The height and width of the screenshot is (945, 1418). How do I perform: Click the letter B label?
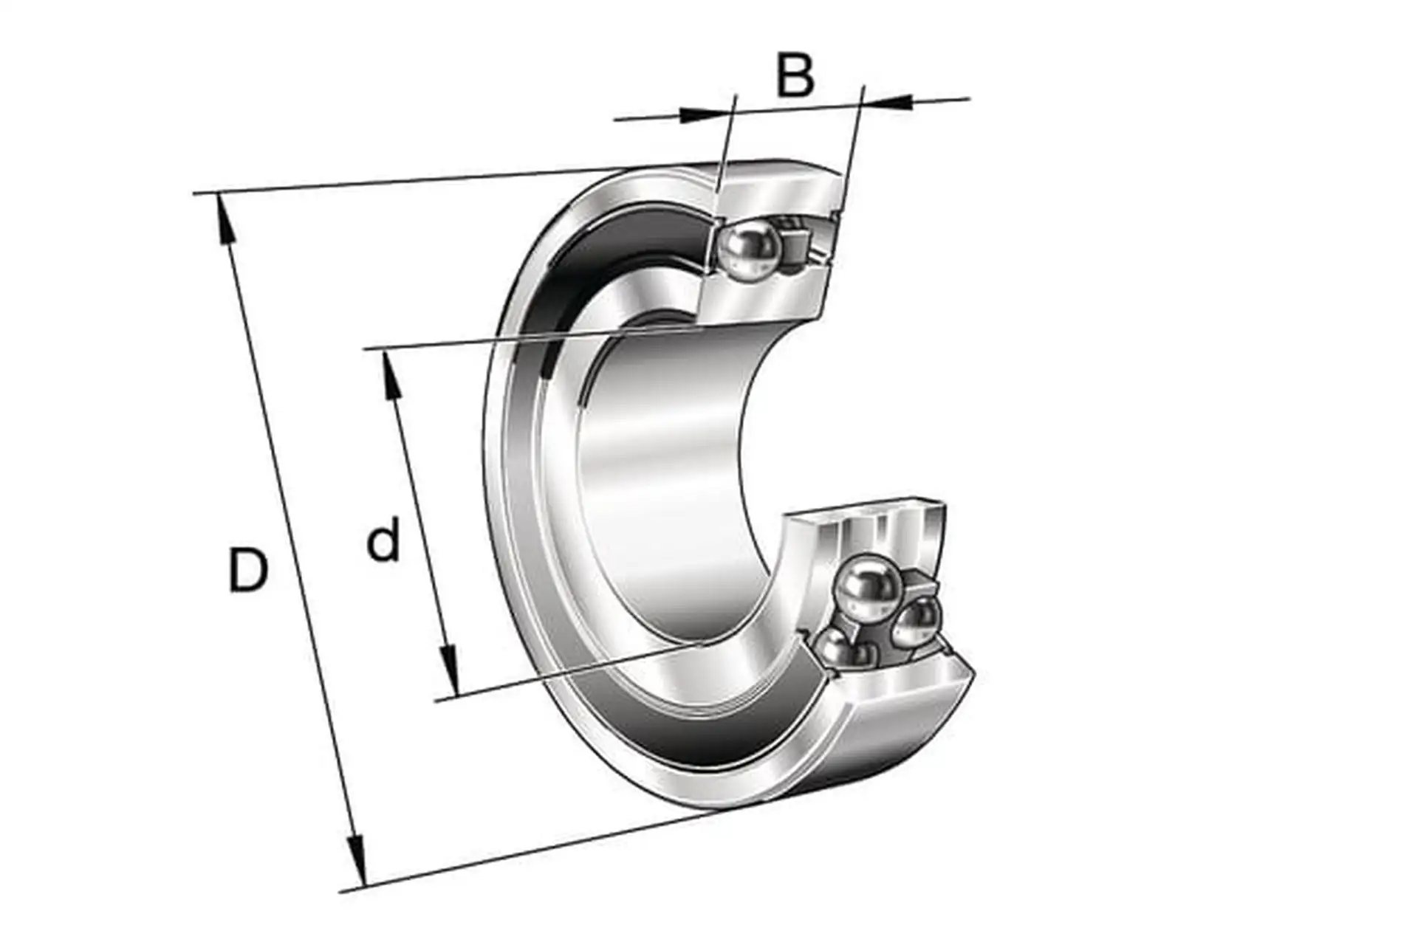point(795,75)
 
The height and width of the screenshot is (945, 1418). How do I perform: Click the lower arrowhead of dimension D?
point(357,861)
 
